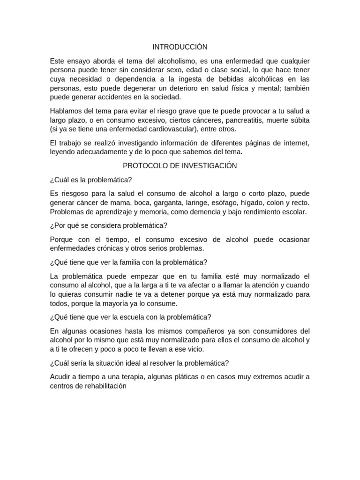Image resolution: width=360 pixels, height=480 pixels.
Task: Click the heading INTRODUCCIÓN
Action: (180, 47)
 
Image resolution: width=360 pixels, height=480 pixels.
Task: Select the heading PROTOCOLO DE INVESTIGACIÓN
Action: (180, 166)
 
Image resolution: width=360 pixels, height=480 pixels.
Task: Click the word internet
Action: (296, 142)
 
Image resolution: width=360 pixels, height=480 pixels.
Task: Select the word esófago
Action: (225, 202)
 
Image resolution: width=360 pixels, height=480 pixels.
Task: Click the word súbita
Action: (298, 120)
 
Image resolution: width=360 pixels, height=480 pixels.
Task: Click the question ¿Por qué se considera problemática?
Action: (108, 225)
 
